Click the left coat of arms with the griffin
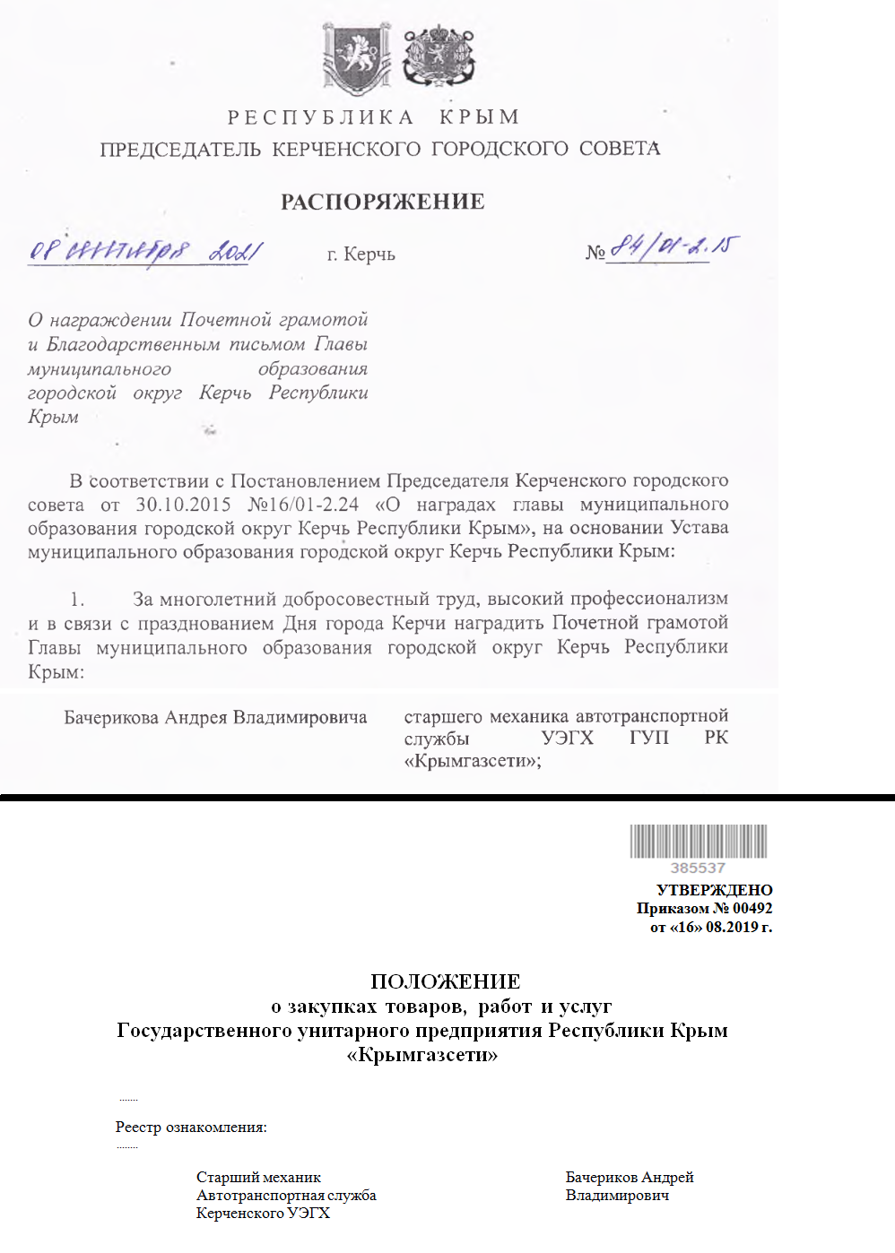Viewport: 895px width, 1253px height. [x=357, y=59]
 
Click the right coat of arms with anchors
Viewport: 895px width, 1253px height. [x=438, y=58]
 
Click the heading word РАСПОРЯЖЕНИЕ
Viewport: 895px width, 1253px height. [x=383, y=202]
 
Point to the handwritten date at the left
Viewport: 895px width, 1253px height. [x=145, y=251]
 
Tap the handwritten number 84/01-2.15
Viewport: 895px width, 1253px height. [x=673, y=246]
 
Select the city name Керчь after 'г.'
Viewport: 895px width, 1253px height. [x=369, y=255]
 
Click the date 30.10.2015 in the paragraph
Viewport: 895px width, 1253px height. [x=183, y=505]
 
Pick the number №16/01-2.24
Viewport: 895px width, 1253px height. [x=303, y=505]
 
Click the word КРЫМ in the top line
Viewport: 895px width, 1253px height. [x=480, y=117]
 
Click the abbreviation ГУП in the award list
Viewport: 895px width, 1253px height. [x=648, y=738]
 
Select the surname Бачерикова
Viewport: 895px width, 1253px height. [x=111, y=717]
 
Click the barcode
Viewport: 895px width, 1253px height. [x=698, y=842]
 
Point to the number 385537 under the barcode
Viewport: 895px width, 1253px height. [x=698, y=868]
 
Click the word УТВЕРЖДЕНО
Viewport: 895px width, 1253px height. [x=714, y=890]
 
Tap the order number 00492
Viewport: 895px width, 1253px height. [x=752, y=908]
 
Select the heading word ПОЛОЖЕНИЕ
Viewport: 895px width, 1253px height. [x=446, y=981]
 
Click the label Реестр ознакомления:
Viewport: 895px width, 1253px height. [x=191, y=1127]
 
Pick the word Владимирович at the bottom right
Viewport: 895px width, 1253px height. [x=617, y=1195]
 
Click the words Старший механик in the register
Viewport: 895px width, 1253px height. [x=258, y=1177]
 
